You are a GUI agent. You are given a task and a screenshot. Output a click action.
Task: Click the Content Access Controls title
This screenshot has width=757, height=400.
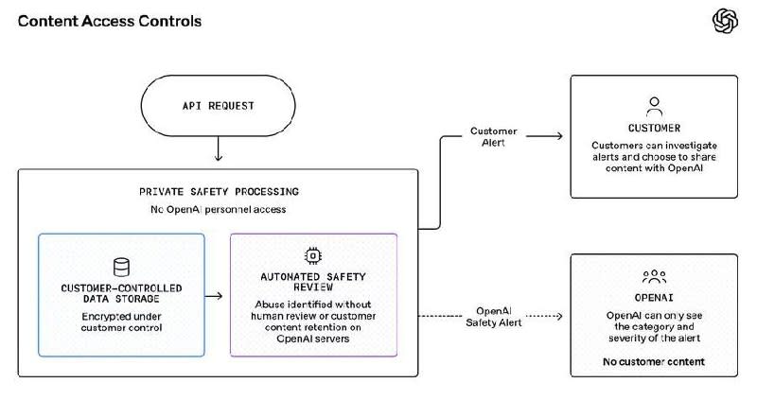(110, 21)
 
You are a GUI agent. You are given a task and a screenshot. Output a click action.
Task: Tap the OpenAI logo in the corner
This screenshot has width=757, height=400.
(725, 21)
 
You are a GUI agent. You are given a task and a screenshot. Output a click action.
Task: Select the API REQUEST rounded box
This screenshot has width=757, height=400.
(218, 106)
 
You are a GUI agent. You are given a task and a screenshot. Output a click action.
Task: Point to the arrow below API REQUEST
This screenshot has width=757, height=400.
(219, 148)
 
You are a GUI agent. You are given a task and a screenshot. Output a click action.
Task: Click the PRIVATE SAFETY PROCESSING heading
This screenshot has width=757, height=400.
(219, 192)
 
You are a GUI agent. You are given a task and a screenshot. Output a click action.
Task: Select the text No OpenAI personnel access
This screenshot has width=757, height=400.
(219, 209)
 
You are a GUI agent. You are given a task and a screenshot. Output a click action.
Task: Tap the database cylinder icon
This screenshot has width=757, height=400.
(121, 267)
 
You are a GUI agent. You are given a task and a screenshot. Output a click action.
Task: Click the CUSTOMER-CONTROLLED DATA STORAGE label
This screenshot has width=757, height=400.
(121, 293)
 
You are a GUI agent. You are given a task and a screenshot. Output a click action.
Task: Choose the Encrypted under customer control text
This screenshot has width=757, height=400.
(121, 322)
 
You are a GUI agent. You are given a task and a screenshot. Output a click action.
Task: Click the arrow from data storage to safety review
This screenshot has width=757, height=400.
(214, 296)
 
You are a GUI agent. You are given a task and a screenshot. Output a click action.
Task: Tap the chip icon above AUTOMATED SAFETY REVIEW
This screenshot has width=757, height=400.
(313, 255)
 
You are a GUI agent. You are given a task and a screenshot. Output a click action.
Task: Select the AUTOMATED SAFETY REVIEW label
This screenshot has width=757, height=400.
(313, 282)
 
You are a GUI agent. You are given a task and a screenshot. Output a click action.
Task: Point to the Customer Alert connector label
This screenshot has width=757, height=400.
(493, 136)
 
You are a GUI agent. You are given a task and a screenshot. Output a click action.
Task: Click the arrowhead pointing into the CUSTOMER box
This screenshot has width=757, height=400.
(558, 136)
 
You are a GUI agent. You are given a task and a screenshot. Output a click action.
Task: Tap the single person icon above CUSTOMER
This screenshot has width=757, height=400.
(654, 107)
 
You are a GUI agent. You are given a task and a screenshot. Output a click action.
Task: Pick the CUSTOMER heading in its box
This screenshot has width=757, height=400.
(654, 129)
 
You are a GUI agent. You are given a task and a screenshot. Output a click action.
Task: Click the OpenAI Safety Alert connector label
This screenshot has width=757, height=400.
(493, 317)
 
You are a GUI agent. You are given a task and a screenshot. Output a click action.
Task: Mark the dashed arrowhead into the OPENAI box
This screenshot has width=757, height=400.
(558, 316)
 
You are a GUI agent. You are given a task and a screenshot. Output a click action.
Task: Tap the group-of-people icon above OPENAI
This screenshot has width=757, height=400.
(654, 276)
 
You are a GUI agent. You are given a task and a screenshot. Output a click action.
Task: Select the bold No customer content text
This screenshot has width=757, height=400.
(654, 361)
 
